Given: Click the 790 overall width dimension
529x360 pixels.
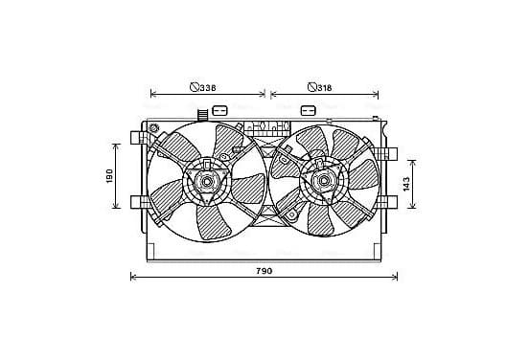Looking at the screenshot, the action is (264, 271).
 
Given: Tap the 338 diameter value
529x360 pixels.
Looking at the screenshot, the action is (208, 88).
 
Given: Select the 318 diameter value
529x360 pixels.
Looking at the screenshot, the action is (324, 88).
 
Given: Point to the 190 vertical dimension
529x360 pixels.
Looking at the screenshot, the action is (109, 176).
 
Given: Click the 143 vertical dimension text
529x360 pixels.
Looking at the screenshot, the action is (406, 184).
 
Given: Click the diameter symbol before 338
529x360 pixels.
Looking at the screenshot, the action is (194, 87).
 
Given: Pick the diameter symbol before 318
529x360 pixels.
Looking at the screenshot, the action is (312, 87).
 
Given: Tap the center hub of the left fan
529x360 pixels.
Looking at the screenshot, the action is (206, 181).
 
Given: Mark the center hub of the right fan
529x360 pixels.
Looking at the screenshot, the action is (324, 181).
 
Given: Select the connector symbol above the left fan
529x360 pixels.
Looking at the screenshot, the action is (219, 110).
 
